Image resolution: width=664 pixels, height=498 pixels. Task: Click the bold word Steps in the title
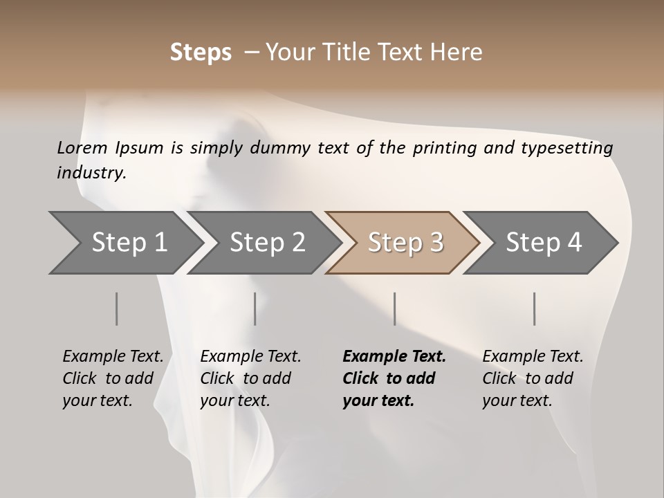point(201,53)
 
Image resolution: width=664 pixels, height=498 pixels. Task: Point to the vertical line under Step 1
point(116,308)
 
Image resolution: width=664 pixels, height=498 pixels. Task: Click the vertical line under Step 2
point(255,308)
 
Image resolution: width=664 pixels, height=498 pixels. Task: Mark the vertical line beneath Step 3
point(395,308)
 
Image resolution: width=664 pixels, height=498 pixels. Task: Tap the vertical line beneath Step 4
point(535,308)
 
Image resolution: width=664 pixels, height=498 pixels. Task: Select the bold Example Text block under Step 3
point(394,378)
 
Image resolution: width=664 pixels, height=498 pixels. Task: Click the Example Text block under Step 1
point(113,378)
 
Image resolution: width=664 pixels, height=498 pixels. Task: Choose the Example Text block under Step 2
point(250,378)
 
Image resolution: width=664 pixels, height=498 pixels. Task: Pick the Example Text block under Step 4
point(533,378)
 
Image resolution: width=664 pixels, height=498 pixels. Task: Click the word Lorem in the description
point(82,147)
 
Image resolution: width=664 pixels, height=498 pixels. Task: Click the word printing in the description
point(445,147)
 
